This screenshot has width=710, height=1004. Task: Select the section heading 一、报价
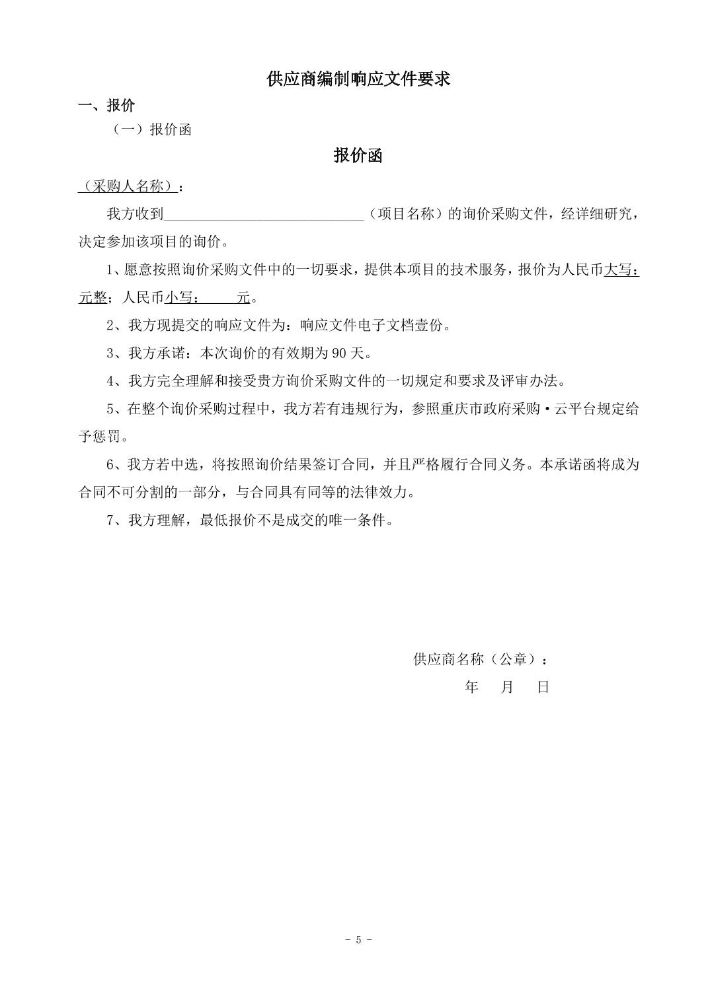(106, 106)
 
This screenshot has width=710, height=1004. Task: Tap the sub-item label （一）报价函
(153, 129)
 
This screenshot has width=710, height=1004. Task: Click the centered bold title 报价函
(358, 156)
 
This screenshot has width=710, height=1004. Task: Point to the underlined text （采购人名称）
(128, 186)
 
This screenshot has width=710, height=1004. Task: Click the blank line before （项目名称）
(264, 214)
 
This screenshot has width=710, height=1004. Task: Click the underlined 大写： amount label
(621, 269)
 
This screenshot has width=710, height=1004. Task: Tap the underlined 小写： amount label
(182, 297)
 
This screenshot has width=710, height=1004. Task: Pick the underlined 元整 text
(93, 297)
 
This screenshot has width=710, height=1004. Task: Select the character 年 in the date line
(471, 687)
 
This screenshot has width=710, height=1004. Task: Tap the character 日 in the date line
(543, 687)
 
